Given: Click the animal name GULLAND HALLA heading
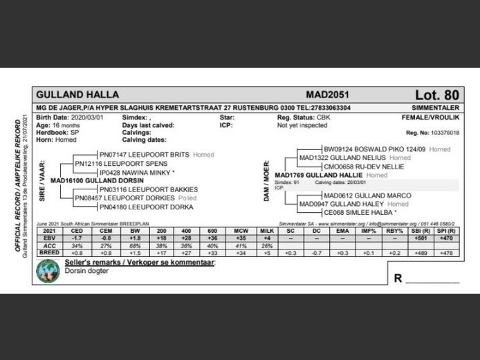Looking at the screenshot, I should point(77,95).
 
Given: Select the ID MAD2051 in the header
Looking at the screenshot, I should point(328,95).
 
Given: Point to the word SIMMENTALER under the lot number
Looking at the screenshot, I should point(435,108).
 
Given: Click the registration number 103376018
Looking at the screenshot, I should point(442,132).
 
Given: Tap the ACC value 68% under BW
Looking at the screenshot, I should point(135,246).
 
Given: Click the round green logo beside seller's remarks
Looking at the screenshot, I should point(48,272).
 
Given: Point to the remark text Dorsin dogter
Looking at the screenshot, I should point(87,272).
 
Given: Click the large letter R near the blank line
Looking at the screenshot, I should point(398,278).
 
